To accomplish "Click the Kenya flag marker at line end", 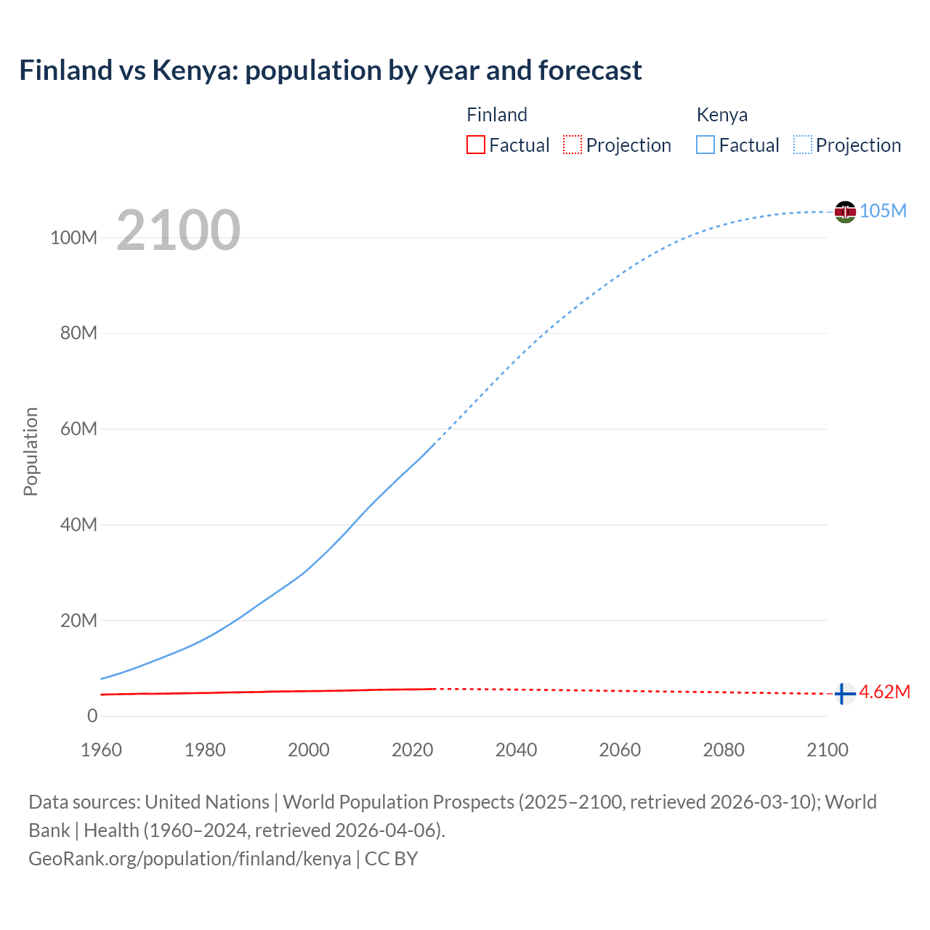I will pos(845,211).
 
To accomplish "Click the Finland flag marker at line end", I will pos(844,694).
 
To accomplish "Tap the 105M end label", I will pos(883,211).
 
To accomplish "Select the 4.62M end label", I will pos(884,692).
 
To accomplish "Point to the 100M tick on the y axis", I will pos(73,238).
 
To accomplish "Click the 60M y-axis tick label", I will pos(78,429).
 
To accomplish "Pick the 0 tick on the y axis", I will pos(92,716).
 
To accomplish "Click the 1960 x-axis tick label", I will pos(101,750).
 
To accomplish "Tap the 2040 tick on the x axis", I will pos(516,750).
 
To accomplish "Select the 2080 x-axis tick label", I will pos(724,750).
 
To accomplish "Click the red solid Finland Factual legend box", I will pos(476,145).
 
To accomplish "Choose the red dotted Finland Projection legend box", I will pos(573,145).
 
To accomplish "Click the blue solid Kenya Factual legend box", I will pos(705,145).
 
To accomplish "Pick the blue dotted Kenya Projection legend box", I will pos(803,145).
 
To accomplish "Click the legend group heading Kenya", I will pos(721,115).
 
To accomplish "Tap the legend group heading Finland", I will pos(497,115).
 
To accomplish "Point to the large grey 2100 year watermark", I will pos(178,230).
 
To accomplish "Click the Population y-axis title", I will pos(31,451).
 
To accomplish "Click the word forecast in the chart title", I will pos(590,70).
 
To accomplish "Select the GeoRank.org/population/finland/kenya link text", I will pos(190,858).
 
